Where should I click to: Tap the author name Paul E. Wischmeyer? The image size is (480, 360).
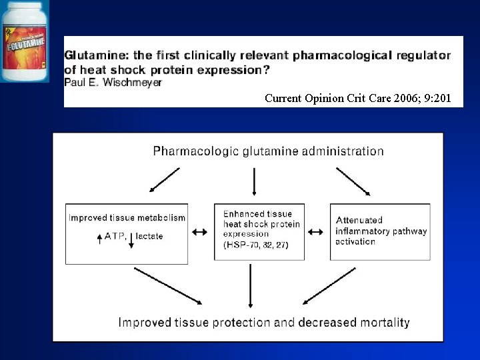(x=113, y=83)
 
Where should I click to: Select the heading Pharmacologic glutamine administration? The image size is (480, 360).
(x=268, y=151)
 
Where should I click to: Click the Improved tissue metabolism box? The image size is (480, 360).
(x=127, y=231)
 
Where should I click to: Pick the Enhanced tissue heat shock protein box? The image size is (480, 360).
(x=259, y=231)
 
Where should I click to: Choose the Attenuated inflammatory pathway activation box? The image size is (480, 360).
(x=380, y=231)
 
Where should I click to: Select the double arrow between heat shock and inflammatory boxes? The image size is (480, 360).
(x=316, y=232)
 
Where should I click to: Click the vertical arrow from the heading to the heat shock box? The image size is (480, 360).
(x=254, y=182)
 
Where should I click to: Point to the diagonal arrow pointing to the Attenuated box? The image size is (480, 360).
(x=353, y=181)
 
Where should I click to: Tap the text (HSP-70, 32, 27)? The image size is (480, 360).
(x=255, y=245)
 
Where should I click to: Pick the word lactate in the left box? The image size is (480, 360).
(x=150, y=236)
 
